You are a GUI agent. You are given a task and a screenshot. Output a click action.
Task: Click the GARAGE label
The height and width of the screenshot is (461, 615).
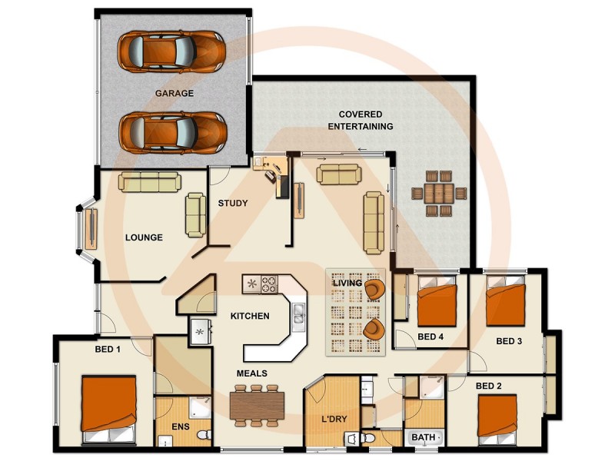click(x=174, y=93)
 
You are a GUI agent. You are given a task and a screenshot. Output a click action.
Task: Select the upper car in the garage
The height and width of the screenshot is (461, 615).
click(x=171, y=51)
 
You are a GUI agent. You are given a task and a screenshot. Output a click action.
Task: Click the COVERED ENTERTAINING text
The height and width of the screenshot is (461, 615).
click(x=360, y=120)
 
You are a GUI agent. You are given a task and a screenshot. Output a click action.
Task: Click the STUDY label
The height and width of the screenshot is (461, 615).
click(x=232, y=204)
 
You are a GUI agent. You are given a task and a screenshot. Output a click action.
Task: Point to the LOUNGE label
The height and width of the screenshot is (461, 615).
click(x=144, y=237)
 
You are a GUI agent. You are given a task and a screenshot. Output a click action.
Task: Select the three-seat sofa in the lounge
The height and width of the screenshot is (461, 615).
click(x=149, y=181)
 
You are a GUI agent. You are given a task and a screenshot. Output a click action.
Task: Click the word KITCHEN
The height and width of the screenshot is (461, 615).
click(x=250, y=316)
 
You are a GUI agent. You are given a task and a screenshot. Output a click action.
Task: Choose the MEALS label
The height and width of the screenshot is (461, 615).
click(x=251, y=373)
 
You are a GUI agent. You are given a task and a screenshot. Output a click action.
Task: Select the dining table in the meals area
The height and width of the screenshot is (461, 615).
click(x=257, y=405)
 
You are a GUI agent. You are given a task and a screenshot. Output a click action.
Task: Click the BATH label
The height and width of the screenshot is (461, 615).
click(x=423, y=437)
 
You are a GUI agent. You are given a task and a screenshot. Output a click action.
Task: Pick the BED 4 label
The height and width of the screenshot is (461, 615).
click(x=430, y=337)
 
